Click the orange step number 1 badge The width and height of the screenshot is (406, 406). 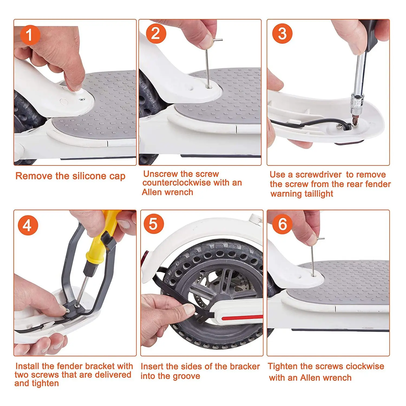point(30,35)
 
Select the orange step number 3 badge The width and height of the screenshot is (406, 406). point(282,34)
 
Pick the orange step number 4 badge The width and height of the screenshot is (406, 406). point(28,225)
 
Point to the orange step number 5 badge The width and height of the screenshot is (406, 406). point(153,224)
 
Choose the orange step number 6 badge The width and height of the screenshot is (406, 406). point(282,224)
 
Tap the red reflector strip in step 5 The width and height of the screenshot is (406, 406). point(242,317)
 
